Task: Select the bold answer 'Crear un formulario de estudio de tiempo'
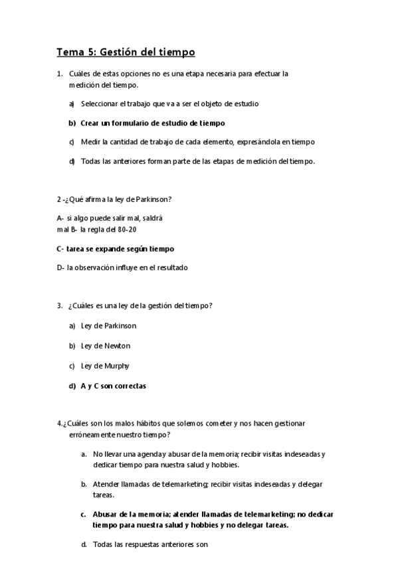[x=153, y=123]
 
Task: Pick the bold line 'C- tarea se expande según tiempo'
[x=116, y=248]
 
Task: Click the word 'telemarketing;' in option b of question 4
[x=180, y=484]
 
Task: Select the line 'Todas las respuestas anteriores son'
[x=150, y=545]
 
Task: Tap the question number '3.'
[x=60, y=305]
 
